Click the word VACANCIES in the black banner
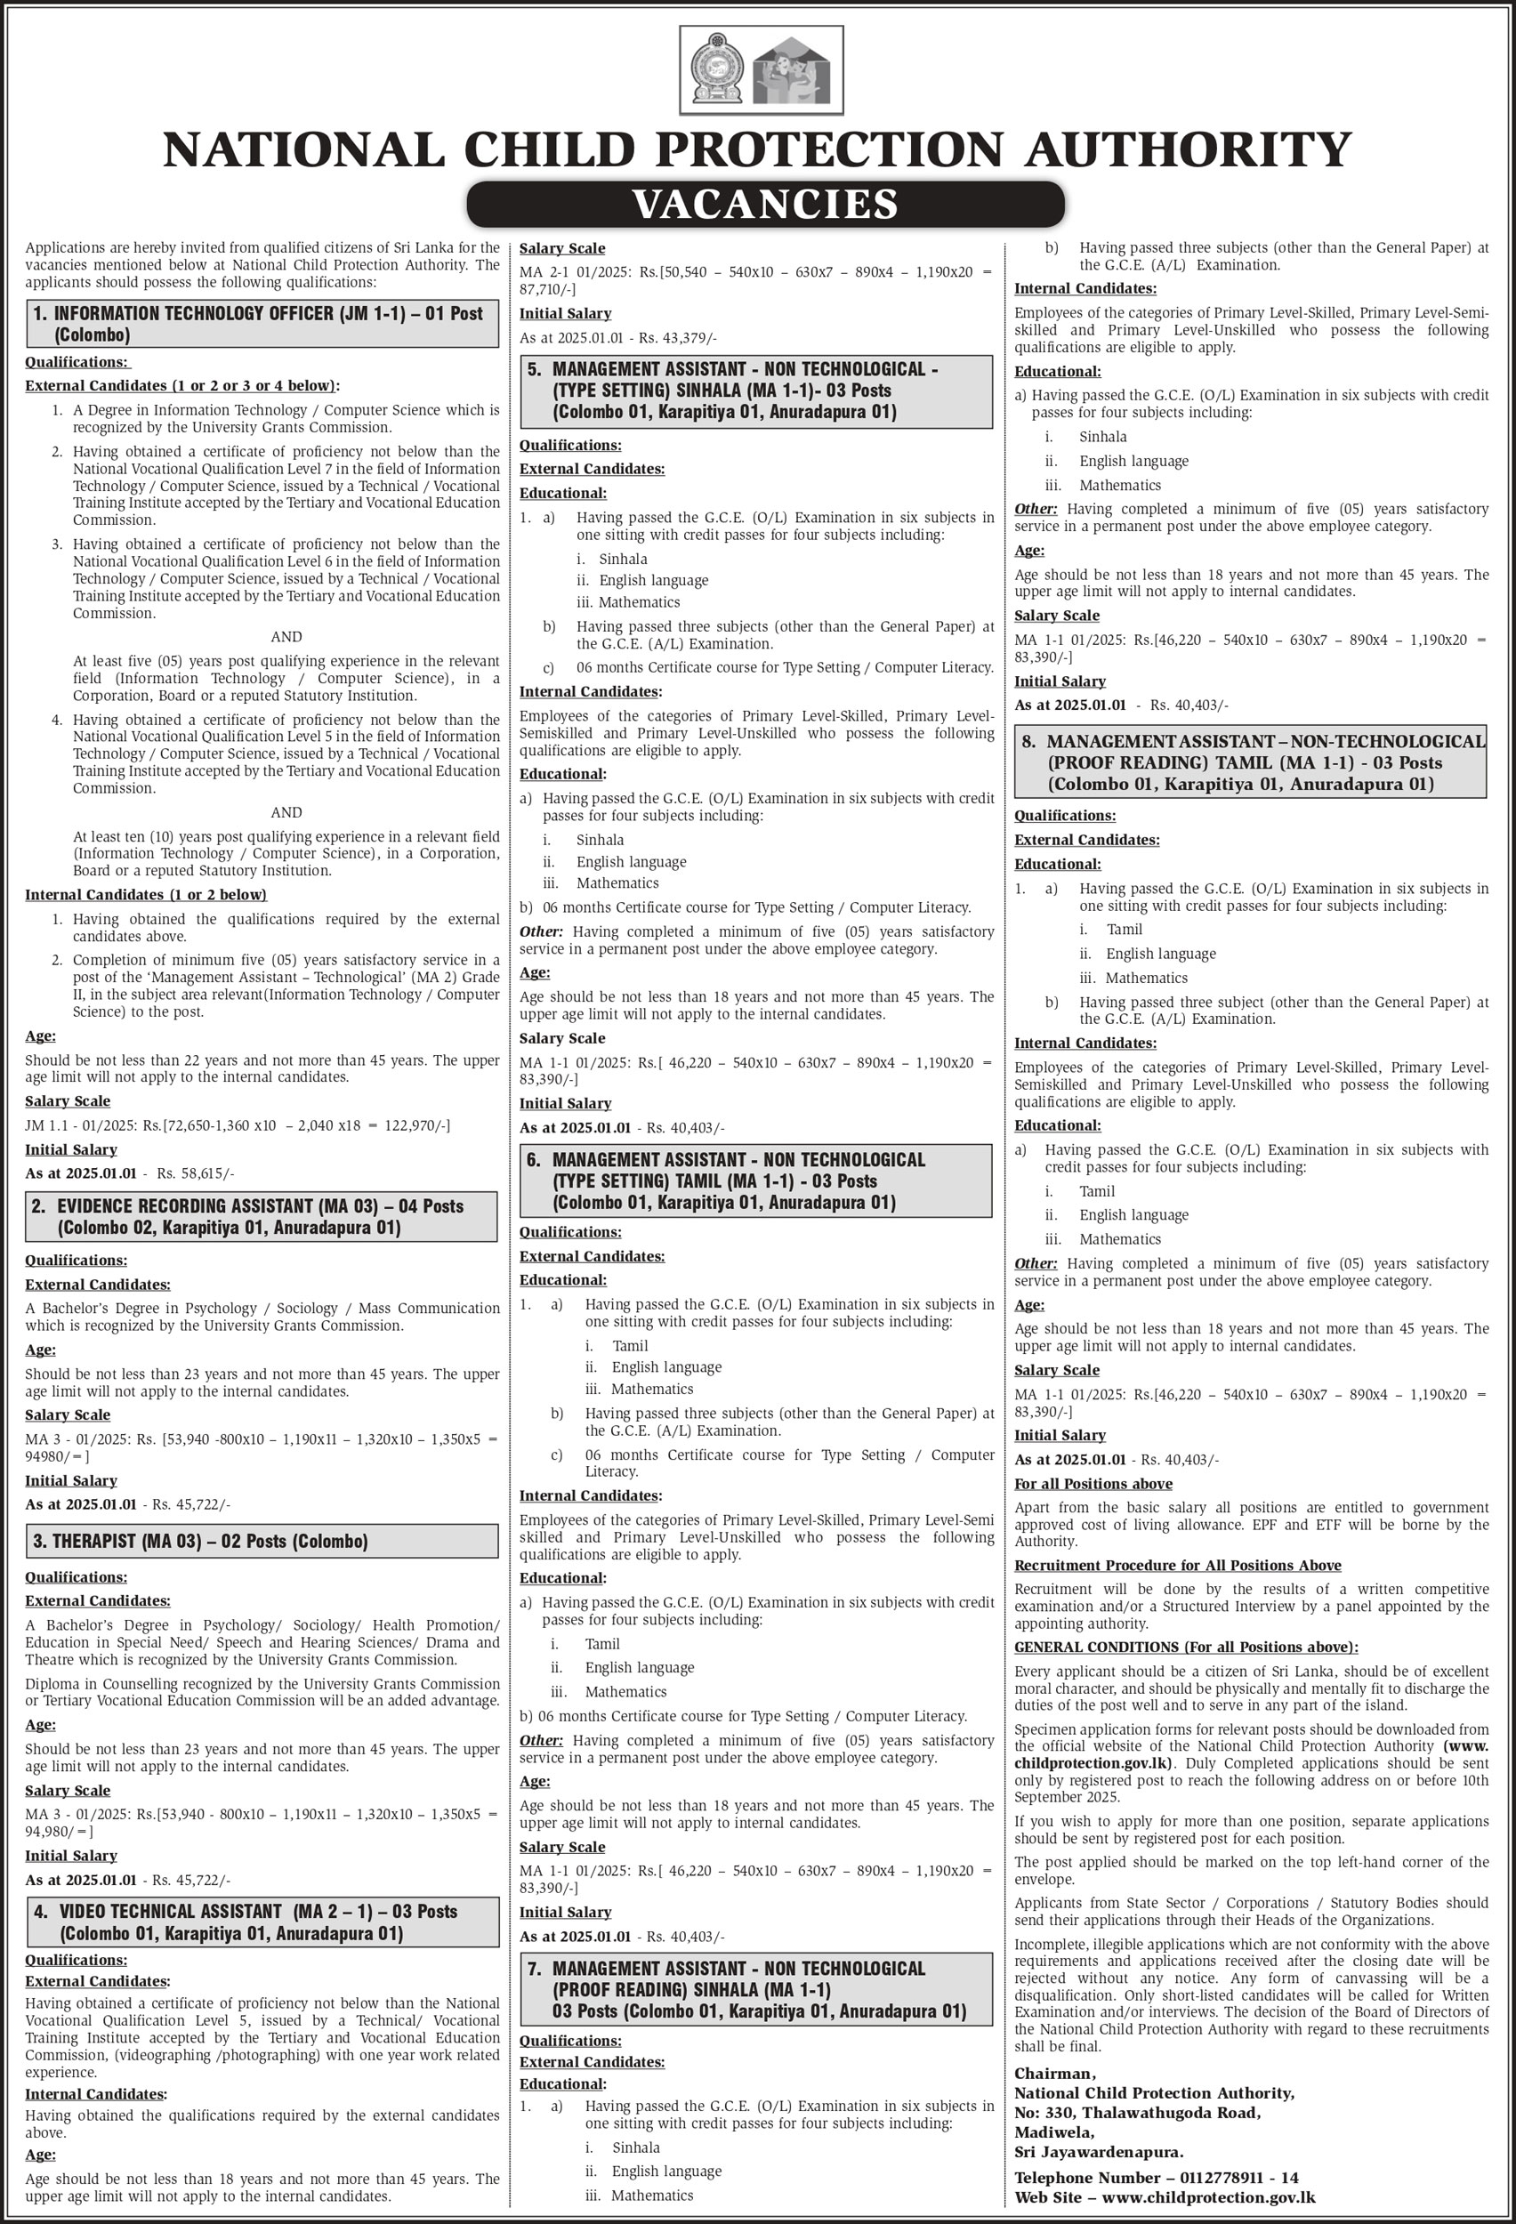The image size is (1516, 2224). coord(765,204)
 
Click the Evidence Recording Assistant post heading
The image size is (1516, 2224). coord(262,1216)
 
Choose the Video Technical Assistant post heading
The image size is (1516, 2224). coord(262,1922)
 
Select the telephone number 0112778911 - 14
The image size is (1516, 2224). coord(1238,2178)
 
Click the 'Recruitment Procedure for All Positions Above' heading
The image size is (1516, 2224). coord(1177,1566)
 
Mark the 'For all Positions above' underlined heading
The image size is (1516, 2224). coord(1093,1483)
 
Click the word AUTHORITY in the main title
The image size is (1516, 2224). coord(1188,149)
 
